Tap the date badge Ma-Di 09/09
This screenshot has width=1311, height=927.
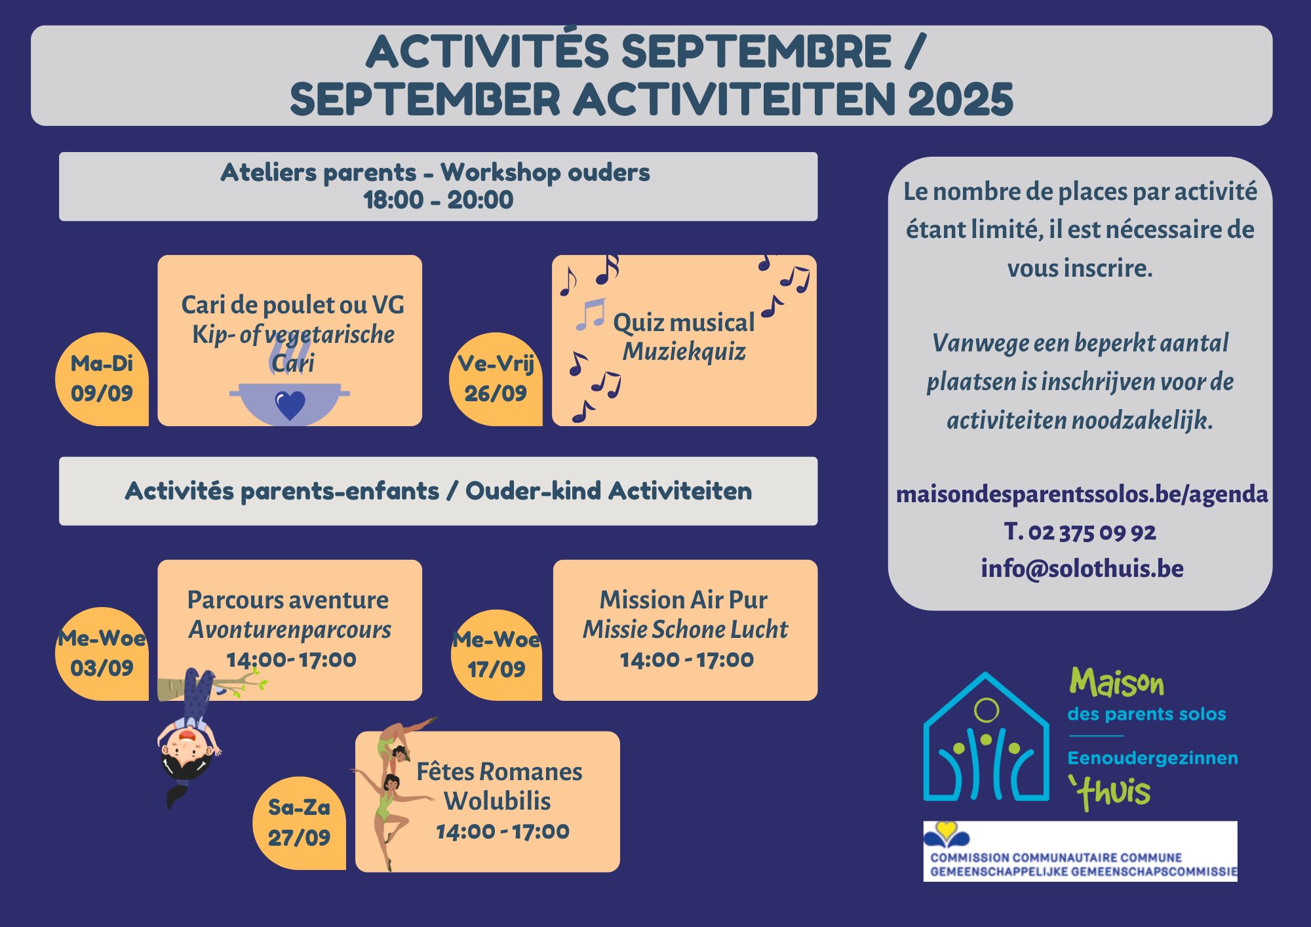(x=102, y=379)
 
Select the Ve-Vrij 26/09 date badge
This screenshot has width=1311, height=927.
(x=496, y=379)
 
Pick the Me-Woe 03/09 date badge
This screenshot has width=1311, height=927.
(x=102, y=654)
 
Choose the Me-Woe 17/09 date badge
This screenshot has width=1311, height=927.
(x=497, y=654)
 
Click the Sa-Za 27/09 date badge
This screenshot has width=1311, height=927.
(x=299, y=823)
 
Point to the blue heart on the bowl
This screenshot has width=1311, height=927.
(x=290, y=405)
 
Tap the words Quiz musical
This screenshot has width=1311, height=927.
(x=684, y=323)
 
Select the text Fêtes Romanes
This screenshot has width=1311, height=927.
(x=499, y=772)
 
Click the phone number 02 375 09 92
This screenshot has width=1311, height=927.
(x=1092, y=532)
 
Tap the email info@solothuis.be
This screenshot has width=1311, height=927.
(x=1082, y=568)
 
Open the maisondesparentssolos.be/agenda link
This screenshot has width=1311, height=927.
(x=1082, y=494)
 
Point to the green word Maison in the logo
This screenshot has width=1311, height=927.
(x=1116, y=683)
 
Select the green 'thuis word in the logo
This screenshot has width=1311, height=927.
(x=1109, y=792)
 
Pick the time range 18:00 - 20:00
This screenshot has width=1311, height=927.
(x=438, y=200)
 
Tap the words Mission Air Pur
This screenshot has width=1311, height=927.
(x=684, y=600)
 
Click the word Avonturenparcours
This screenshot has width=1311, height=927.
(x=290, y=630)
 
